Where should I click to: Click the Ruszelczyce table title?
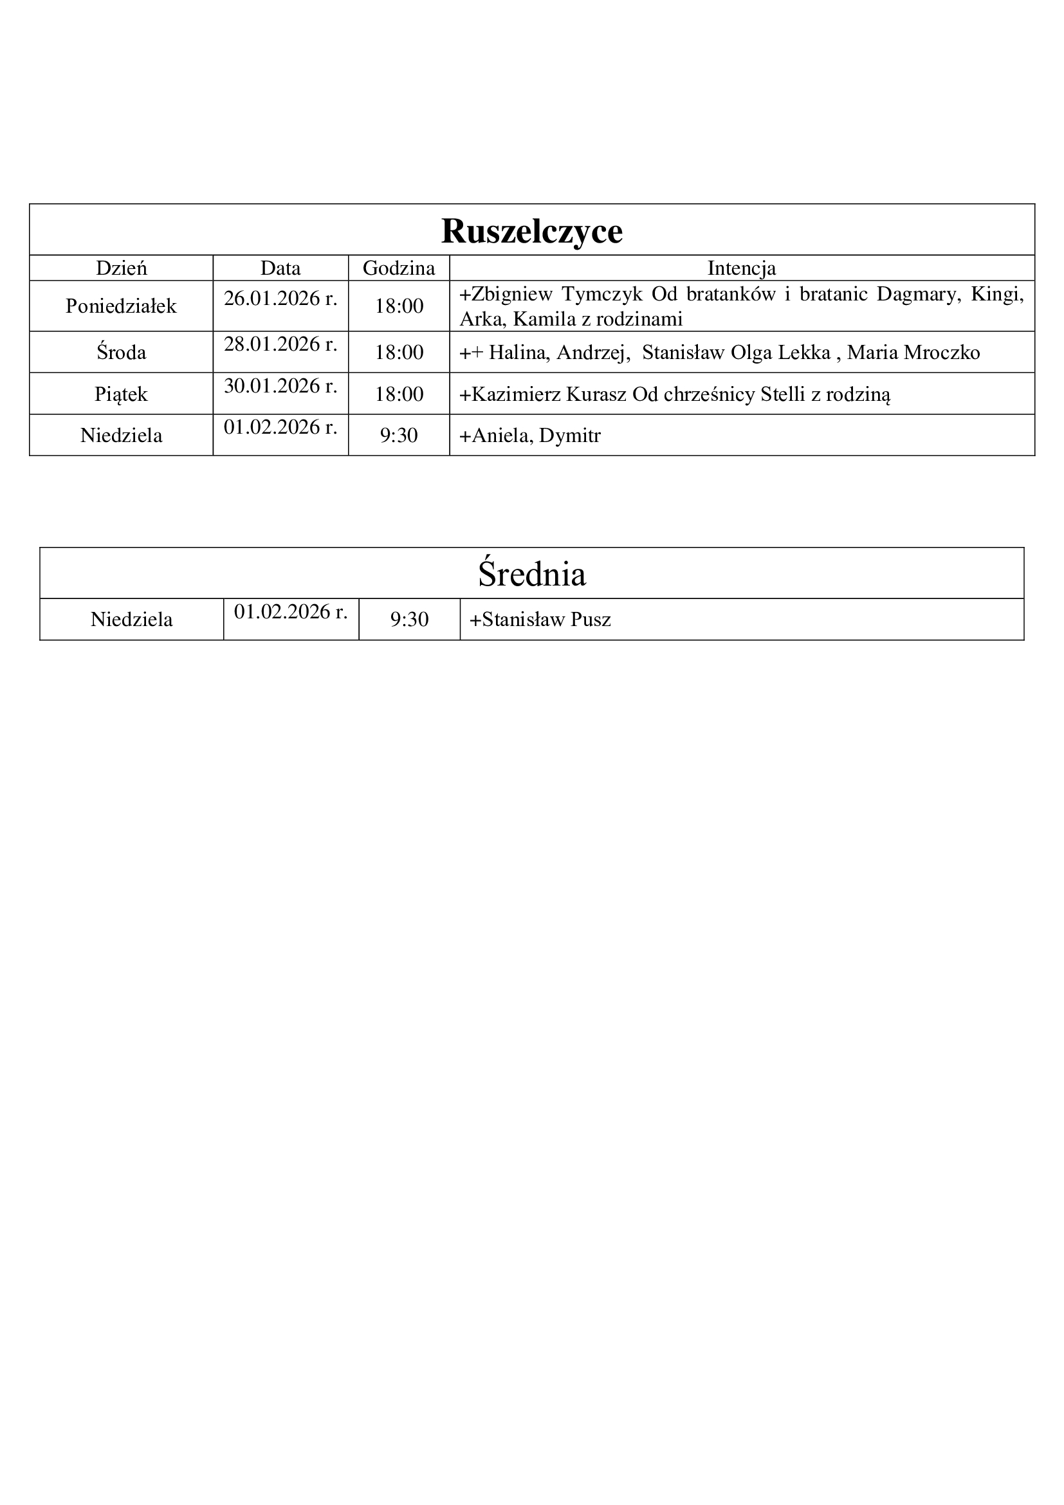pyautogui.click(x=531, y=231)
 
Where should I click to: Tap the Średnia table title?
pyautogui.click(x=531, y=573)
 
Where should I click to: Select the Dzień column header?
pyautogui.click(x=121, y=268)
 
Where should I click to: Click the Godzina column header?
pyautogui.click(x=398, y=268)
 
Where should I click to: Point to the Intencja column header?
pyautogui.click(x=742, y=268)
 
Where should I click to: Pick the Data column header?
pyautogui.click(x=280, y=268)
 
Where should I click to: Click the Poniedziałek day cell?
pyautogui.click(x=121, y=306)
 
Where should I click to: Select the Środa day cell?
pyautogui.click(x=121, y=353)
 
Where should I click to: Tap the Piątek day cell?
pyautogui.click(x=121, y=394)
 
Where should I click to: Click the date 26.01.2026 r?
pyautogui.click(x=280, y=299)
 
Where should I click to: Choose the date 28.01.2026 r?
pyautogui.click(x=280, y=344)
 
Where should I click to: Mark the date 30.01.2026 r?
pyautogui.click(x=280, y=386)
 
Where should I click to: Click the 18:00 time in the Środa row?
pyautogui.click(x=399, y=353)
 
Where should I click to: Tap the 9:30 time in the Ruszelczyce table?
pyautogui.click(x=399, y=435)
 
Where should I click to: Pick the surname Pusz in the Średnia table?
pyautogui.click(x=591, y=620)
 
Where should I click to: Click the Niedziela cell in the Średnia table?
pyautogui.click(x=132, y=620)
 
